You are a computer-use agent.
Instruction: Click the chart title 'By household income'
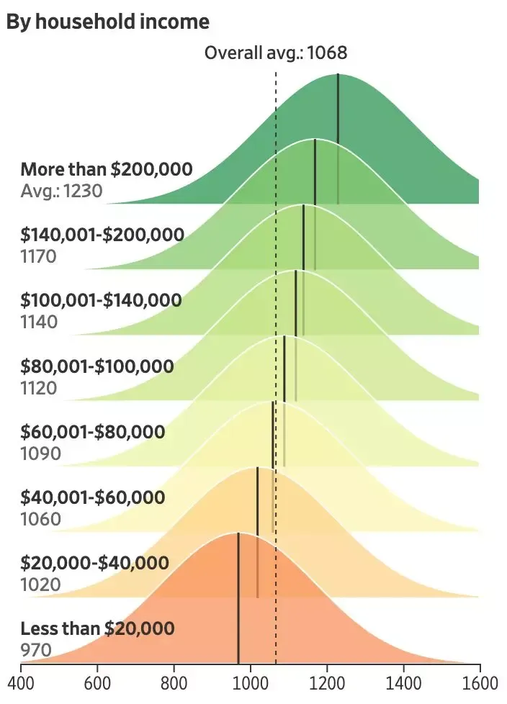point(108,22)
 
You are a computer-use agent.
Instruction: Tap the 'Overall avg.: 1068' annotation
point(276,53)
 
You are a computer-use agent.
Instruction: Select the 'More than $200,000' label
point(107,169)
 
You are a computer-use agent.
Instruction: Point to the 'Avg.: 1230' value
point(62,191)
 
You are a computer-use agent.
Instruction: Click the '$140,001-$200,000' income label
point(102,234)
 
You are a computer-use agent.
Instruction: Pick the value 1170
point(39,256)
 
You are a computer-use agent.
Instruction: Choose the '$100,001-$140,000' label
point(102,299)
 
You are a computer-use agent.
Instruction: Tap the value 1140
point(39,322)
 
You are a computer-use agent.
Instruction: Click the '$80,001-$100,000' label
point(97,366)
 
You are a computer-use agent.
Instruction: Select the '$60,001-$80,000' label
point(93,432)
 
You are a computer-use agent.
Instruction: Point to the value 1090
point(40,454)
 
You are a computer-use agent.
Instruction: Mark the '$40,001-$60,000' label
point(93,497)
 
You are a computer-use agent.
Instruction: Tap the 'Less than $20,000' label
point(97,628)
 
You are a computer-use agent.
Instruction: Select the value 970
point(36,651)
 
